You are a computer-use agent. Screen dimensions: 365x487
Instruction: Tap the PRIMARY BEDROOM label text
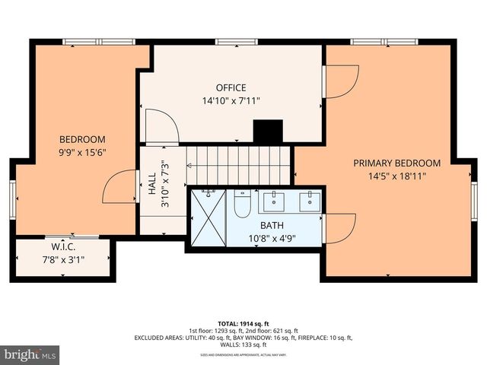click(x=396, y=163)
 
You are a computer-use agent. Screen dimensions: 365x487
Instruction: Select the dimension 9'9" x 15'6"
click(x=82, y=152)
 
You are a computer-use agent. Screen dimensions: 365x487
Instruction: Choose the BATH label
click(x=272, y=225)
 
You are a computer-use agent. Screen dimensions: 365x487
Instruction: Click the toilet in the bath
click(x=242, y=204)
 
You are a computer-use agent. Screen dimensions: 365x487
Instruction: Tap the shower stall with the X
click(x=208, y=217)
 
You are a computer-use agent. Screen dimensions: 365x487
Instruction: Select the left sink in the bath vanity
click(x=275, y=201)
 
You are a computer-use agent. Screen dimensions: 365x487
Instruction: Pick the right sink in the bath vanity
click(x=308, y=201)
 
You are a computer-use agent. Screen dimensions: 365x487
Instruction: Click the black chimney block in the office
click(x=268, y=132)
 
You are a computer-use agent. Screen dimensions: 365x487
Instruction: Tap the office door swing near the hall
click(x=161, y=126)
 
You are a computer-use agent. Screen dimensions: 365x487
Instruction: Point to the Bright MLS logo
click(x=30, y=354)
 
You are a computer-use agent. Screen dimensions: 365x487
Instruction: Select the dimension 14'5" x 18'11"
click(x=396, y=176)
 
